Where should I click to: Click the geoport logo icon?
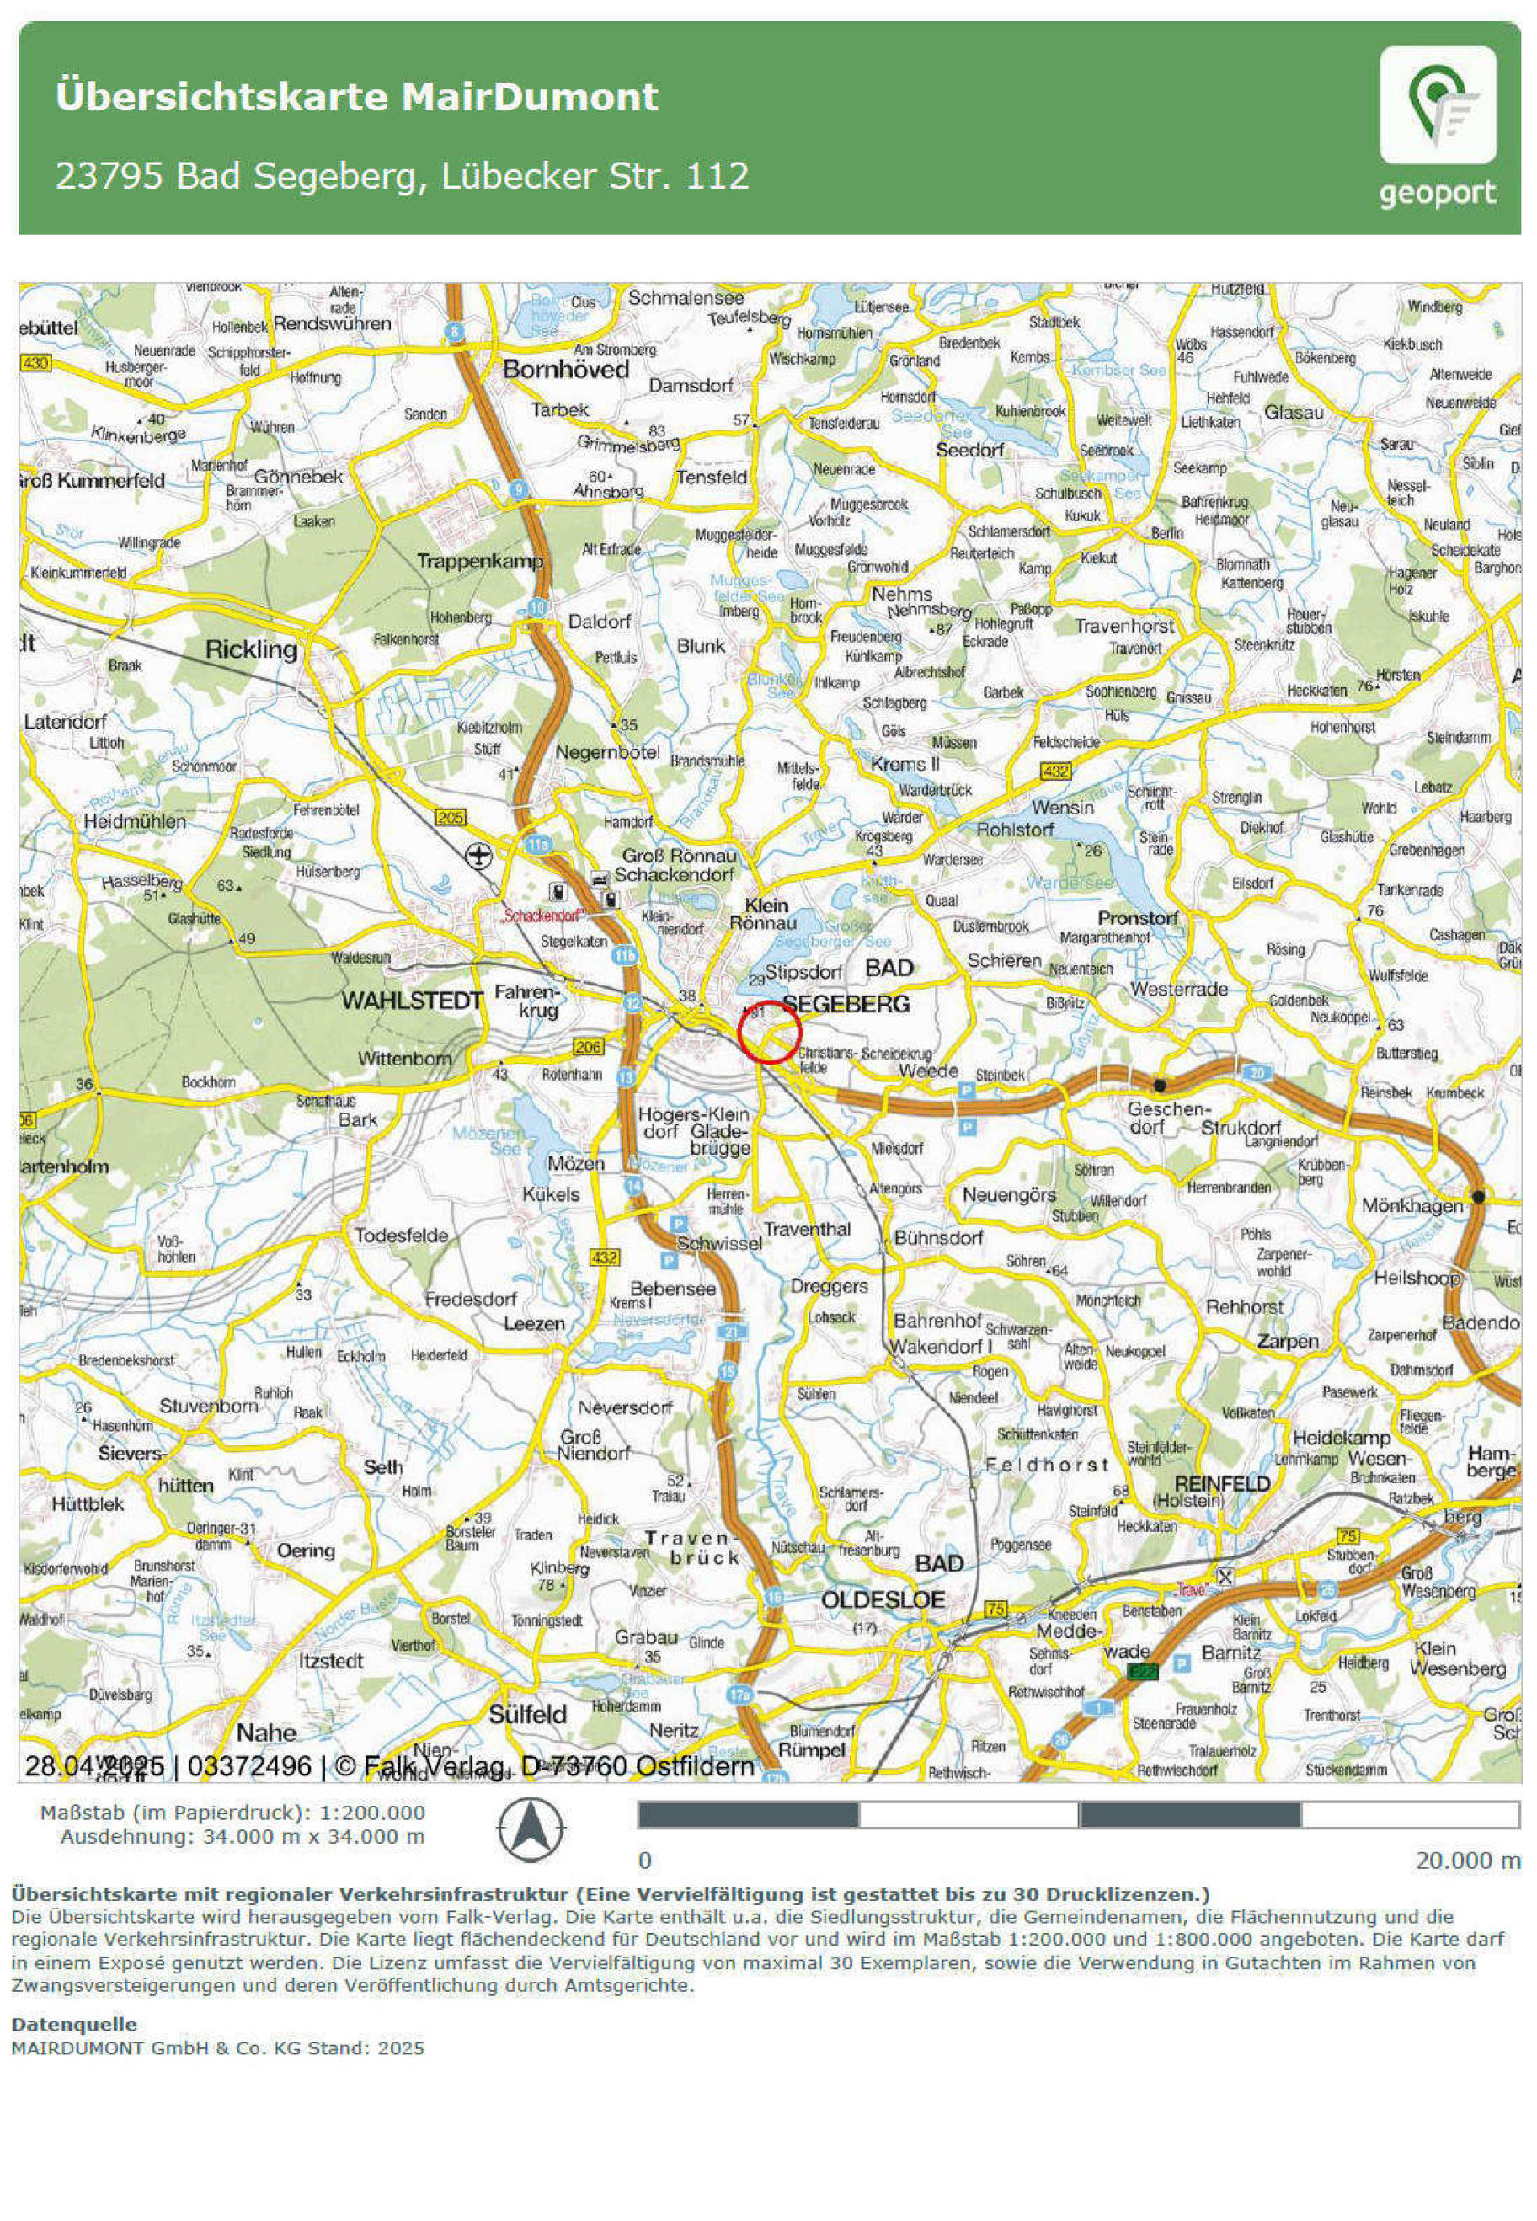pos(1437,105)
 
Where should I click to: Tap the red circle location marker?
pos(770,1032)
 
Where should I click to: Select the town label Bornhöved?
pos(565,370)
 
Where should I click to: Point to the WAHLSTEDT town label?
pos(411,1001)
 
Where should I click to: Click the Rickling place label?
pos(251,650)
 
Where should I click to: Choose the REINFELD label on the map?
pos(1222,1483)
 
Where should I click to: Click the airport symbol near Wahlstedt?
pos(477,854)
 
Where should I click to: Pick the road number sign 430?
pos(35,362)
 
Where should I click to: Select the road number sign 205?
pos(451,818)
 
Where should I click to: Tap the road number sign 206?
pos(588,1046)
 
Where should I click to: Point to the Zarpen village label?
pos(1287,1341)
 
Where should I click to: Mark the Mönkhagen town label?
pos(1412,1205)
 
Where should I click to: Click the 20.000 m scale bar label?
pos(1467,1860)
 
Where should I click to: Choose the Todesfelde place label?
pos(401,1236)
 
